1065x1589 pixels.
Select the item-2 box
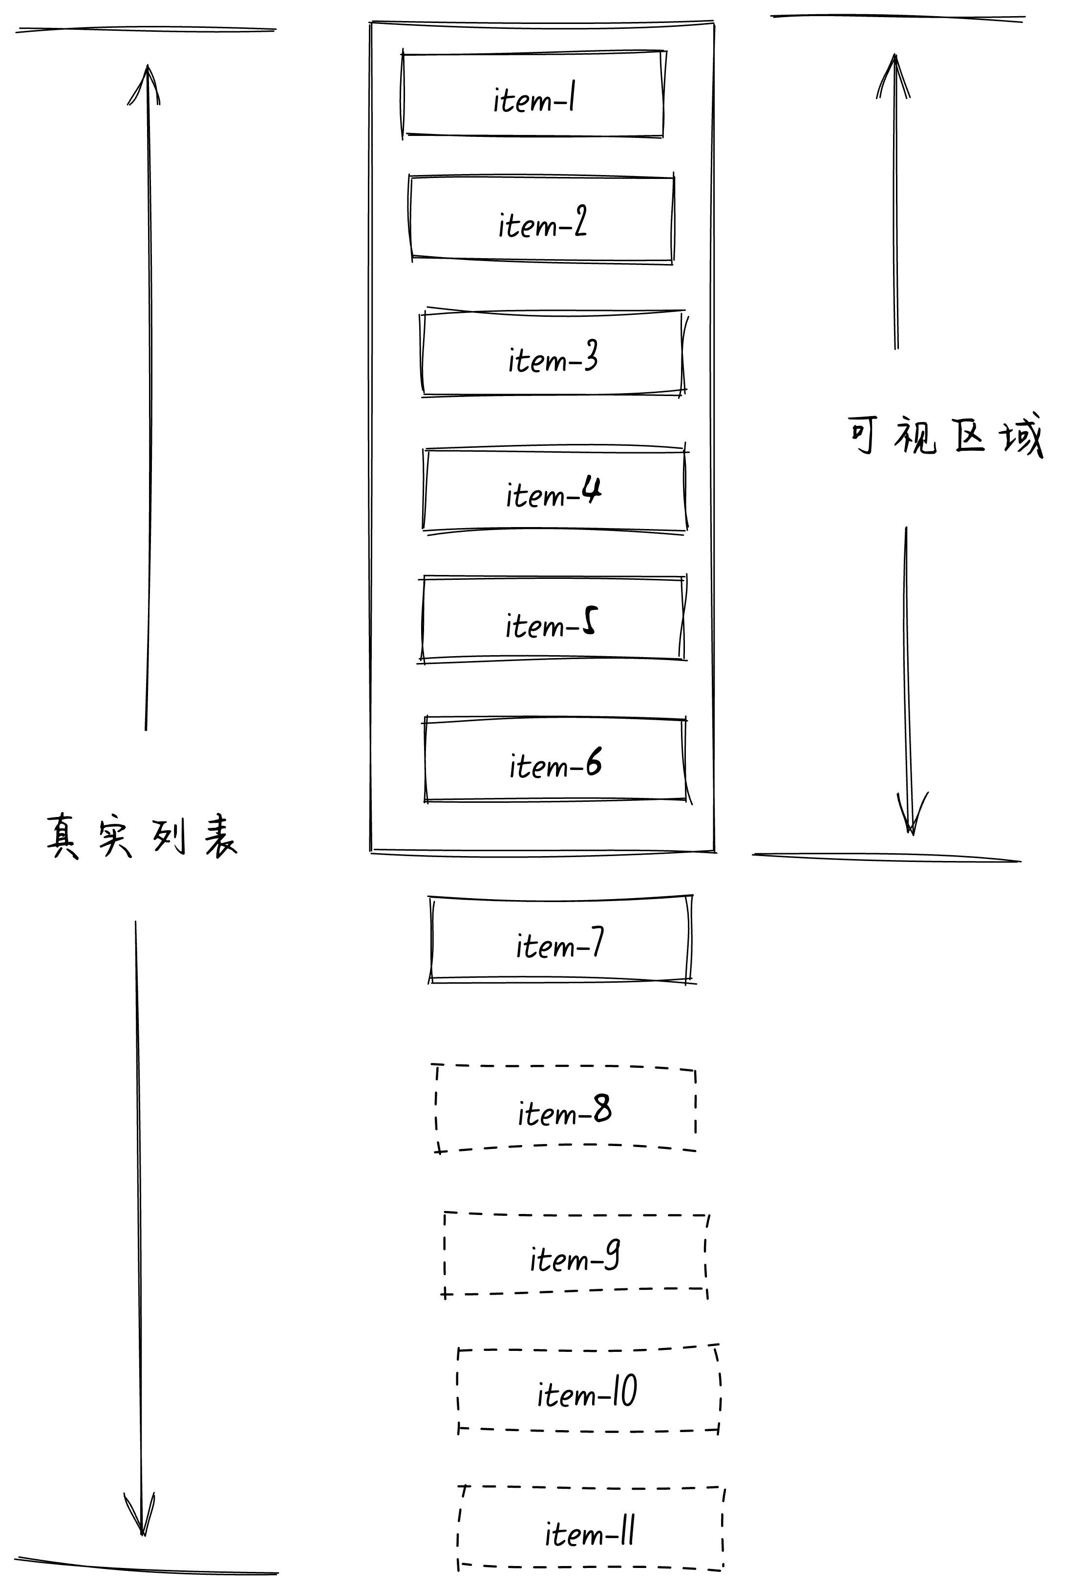542,220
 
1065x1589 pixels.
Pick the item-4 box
554,491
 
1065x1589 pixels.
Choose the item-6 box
555,760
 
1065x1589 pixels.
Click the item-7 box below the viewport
560,940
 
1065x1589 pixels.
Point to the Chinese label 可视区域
945,435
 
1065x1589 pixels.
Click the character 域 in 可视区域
1021,436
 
